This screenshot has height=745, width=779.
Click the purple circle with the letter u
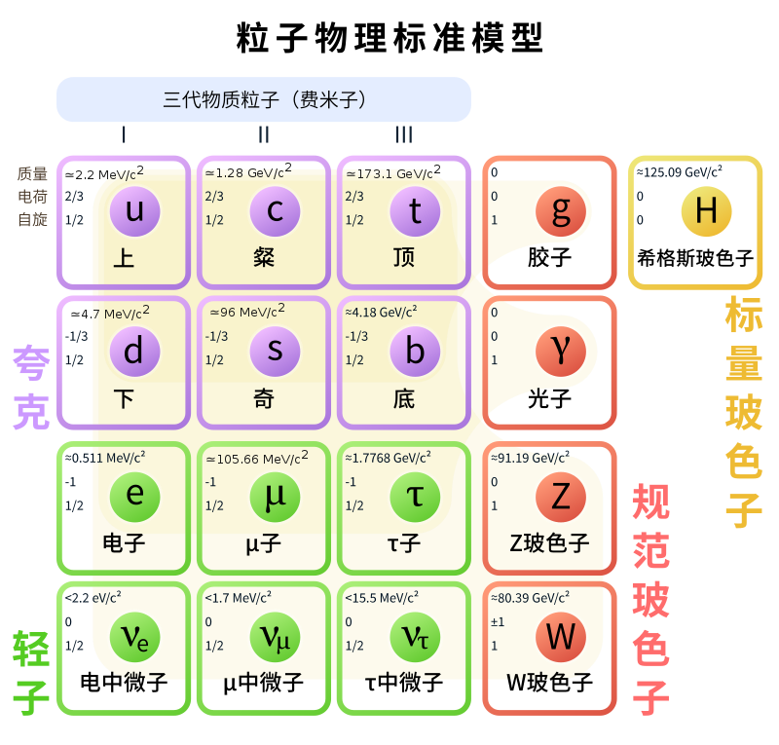tap(134, 211)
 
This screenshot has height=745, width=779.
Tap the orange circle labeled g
tap(561, 211)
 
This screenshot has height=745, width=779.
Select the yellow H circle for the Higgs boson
tap(707, 211)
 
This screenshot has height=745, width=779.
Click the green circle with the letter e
tap(134, 497)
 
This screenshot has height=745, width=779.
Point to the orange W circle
tap(561, 637)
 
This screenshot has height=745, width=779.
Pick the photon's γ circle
tap(561, 352)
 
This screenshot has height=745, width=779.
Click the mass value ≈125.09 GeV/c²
tap(679, 172)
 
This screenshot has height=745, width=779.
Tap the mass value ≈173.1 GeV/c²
tap(393, 172)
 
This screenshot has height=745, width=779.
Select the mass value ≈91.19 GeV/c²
tap(530, 458)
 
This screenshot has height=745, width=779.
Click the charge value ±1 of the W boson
tap(498, 621)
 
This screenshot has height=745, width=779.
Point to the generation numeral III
tap(403, 134)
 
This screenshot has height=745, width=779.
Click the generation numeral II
tap(264, 134)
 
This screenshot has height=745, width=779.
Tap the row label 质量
tap(32, 173)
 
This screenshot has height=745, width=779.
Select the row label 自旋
tap(32, 219)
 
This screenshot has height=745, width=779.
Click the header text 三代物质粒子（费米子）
tap(264, 99)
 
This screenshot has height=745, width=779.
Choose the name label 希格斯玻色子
tap(695, 258)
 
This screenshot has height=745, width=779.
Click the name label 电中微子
tap(124, 682)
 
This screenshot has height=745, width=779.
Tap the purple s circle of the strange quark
tap(275, 352)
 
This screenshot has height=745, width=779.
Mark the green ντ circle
tap(415, 637)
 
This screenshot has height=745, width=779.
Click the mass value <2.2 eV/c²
tap(93, 597)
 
